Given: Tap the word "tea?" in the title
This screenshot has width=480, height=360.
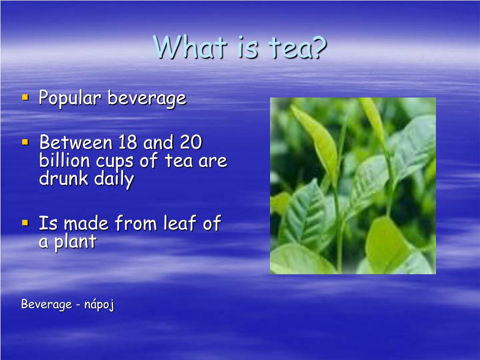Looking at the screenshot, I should click(x=297, y=47).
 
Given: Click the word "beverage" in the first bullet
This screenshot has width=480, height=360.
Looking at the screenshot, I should click(x=147, y=99).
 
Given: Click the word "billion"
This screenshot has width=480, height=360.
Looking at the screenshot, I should click(x=64, y=161).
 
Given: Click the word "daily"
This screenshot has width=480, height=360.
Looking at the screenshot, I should click(x=114, y=180).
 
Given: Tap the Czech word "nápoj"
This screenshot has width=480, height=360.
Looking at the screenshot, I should click(x=99, y=305).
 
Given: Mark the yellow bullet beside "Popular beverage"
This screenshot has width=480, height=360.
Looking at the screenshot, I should click(x=25, y=97).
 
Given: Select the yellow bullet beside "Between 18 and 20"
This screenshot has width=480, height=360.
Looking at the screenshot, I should click(x=25, y=141).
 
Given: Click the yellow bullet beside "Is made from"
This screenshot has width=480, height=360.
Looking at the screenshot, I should click(x=25, y=222).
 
